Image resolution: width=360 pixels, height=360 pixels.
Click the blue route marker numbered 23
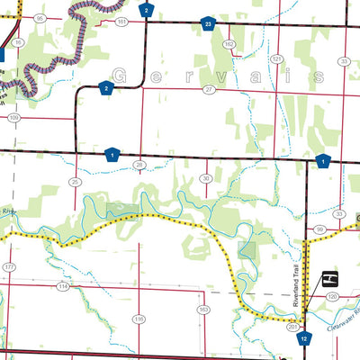(x=208, y=24)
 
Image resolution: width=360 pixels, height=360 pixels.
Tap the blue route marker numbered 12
(x=305, y=338)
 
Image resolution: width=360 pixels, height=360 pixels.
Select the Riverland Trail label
(x=296, y=287)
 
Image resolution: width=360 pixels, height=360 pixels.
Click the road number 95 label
(x=40, y=18)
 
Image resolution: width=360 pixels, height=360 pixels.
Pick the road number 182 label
(x=229, y=43)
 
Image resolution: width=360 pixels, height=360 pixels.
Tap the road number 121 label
(x=277, y=58)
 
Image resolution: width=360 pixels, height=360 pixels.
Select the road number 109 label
(x=13, y=117)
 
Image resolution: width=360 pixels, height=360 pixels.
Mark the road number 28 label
(x=139, y=165)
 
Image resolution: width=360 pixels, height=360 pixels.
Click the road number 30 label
(x=206, y=178)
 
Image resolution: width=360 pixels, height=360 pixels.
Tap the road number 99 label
(x=319, y=230)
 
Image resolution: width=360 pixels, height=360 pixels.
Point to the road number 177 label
(x=9, y=268)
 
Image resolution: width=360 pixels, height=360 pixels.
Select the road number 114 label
(x=63, y=286)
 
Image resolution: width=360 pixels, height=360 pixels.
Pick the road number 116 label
(x=139, y=319)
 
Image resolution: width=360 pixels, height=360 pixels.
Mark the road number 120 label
(x=331, y=295)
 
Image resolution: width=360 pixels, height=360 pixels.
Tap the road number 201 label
(x=292, y=328)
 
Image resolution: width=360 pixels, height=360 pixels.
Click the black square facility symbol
(x=330, y=276)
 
